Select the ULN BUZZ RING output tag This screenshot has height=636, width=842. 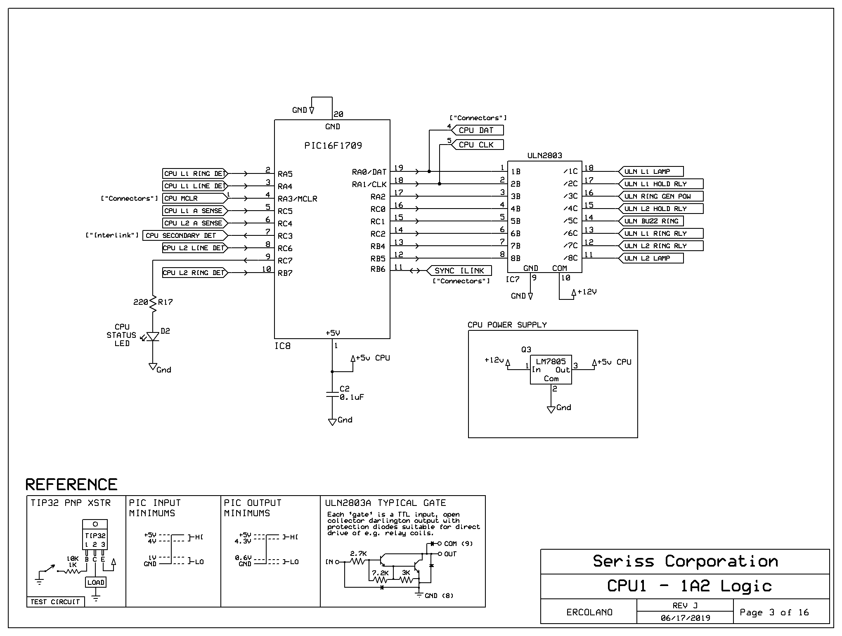[651, 221]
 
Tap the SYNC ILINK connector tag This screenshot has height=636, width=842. [458, 271]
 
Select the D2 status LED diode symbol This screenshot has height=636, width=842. [153, 337]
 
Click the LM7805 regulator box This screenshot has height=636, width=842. [551, 370]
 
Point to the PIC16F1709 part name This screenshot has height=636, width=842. [333, 145]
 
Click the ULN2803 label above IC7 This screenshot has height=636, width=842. [545, 156]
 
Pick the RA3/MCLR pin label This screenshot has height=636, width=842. [298, 199]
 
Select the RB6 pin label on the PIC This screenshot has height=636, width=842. [378, 269]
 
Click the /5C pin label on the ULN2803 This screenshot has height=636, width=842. [570, 221]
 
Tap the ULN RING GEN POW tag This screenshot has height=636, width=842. [661, 196]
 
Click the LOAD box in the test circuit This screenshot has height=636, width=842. [96, 582]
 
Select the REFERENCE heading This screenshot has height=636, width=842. [71, 484]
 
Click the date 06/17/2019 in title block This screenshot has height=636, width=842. [685, 618]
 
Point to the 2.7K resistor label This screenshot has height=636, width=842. [358, 553]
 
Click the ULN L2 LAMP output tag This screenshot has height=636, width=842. [651, 258]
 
